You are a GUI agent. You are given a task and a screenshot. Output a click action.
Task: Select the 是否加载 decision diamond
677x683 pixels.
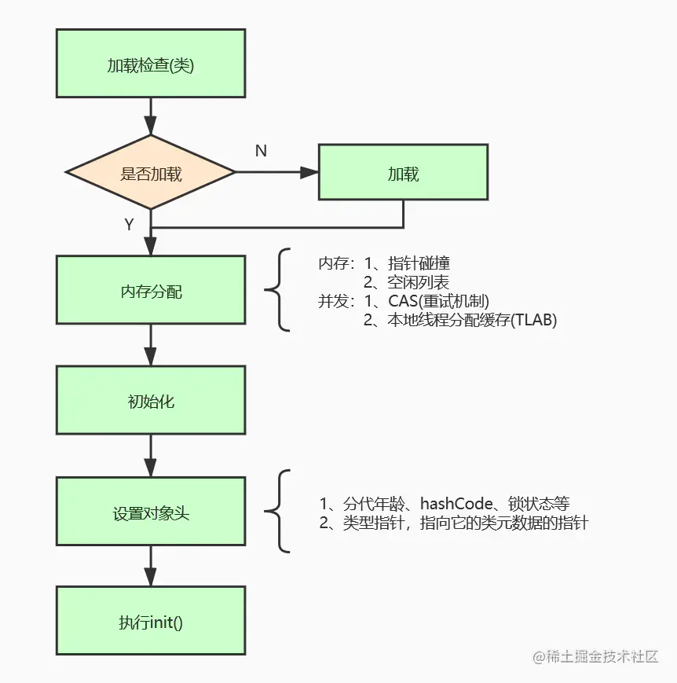point(150,174)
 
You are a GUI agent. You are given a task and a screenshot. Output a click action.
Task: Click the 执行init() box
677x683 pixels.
point(150,623)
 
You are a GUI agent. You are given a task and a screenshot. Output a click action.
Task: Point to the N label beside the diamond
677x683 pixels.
point(261,151)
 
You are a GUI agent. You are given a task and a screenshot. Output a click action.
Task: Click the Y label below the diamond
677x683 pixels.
point(129,225)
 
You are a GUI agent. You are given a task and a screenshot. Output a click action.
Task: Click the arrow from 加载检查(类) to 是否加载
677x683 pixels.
point(150,118)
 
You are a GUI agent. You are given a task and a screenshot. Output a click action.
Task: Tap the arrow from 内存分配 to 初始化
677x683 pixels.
point(150,347)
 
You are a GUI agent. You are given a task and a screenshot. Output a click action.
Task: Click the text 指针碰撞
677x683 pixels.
point(419,264)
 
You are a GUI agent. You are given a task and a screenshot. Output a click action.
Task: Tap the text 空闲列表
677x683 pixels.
point(418,283)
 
